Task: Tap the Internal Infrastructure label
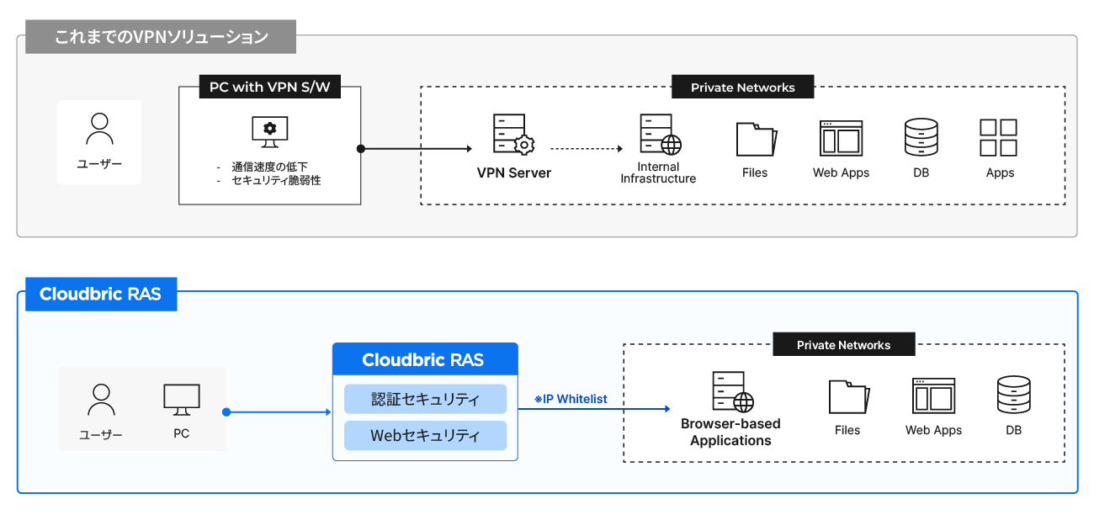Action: pyautogui.click(x=658, y=173)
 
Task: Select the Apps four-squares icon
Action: pyautogui.click(x=999, y=137)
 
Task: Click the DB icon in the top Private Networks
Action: pyautogui.click(x=921, y=137)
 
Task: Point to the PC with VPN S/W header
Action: pyautogui.click(x=269, y=87)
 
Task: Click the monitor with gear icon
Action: pyautogui.click(x=269, y=131)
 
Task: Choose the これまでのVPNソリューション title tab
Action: pyautogui.click(x=161, y=38)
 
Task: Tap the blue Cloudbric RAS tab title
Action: pyautogui.click(x=100, y=295)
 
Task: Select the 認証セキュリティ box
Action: pyautogui.click(x=425, y=399)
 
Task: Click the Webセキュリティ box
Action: pyautogui.click(x=425, y=436)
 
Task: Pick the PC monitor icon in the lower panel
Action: pyautogui.click(x=182, y=401)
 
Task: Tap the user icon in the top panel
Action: pyautogui.click(x=100, y=129)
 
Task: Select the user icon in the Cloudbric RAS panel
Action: pyautogui.click(x=101, y=401)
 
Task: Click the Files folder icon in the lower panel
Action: pyautogui.click(x=848, y=396)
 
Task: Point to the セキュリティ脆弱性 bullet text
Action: pyautogui.click(x=276, y=180)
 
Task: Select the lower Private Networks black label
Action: pyautogui.click(x=843, y=345)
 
